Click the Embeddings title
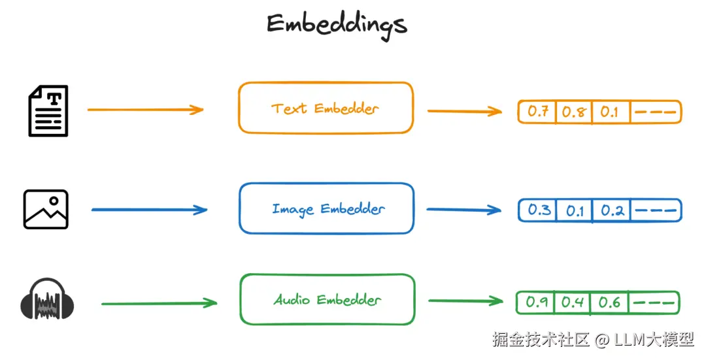pyautogui.click(x=336, y=25)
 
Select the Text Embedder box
pyautogui.click(x=326, y=108)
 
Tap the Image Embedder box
pyautogui.click(x=326, y=208)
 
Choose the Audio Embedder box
pyautogui.click(x=327, y=299)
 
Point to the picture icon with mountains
pyautogui.click(x=46, y=209)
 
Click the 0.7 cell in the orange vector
pyautogui.click(x=537, y=112)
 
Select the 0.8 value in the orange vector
pyautogui.click(x=573, y=112)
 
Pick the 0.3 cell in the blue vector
pyautogui.click(x=539, y=210)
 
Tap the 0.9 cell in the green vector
pyautogui.click(x=537, y=303)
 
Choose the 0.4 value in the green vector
pyautogui.click(x=573, y=303)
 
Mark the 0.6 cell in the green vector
pyautogui.click(x=609, y=303)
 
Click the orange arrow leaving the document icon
pyautogui.click(x=145, y=110)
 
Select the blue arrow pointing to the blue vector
pyautogui.click(x=463, y=210)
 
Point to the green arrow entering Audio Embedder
pyautogui.click(x=159, y=303)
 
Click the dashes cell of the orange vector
pyautogui.click(x=655, y=112)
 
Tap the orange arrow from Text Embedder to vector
pyautogui.click(x=464, y=111)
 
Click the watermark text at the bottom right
pyautogui.click(x=593, y=339)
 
